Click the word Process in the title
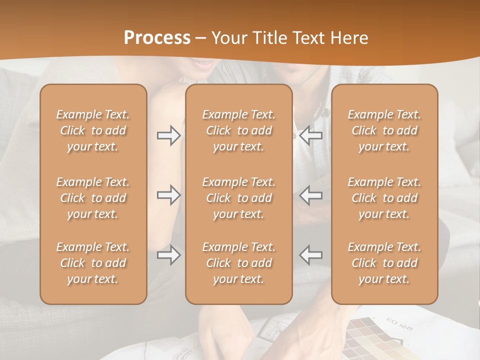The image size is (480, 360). [x=157, y=38]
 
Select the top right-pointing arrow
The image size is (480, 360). [x=168, y=135]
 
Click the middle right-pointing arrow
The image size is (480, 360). [x=168, y=195]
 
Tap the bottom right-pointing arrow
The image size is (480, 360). [x=168, y=255]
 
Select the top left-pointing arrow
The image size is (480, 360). [x=310, y=135]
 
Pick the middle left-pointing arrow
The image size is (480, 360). [x=310, y=195]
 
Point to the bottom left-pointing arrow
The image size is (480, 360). [x=310, y=255]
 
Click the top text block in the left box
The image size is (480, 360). [x=93, y=130]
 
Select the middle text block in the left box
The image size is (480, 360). [x=93, y=198]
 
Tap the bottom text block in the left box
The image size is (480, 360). [x=93, y=263]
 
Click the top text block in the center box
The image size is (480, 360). [x=239, y=130]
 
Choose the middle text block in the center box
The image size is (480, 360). [x=239, y=198]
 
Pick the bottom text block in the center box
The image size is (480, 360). [x=239, y=263]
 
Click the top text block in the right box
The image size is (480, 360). [x=384, y=130]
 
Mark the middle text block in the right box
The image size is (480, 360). [x=384, y=198]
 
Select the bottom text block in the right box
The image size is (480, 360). [x=384, y=263]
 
